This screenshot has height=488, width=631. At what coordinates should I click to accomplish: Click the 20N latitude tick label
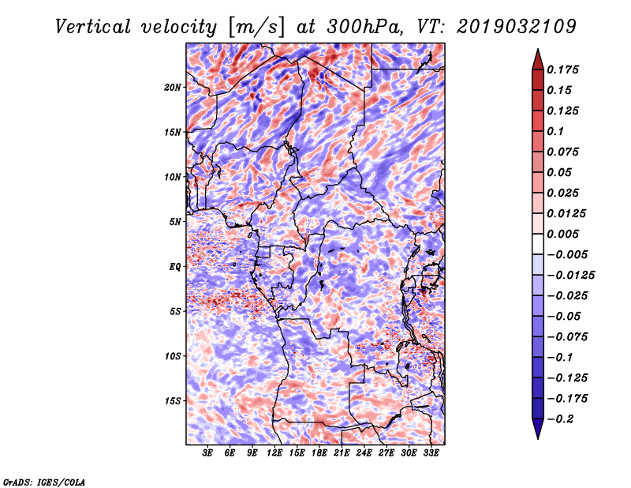[172, 88]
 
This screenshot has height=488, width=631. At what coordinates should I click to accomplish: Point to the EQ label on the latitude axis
[174, 267]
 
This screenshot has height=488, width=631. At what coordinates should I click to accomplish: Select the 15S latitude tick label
[172, 401]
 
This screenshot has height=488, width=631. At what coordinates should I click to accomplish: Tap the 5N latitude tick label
[175, 222]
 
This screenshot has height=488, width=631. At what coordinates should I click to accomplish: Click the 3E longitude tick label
[207, 453]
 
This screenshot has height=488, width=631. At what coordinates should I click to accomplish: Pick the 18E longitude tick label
[319, 453]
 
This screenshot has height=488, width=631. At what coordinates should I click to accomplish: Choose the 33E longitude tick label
[431, 453]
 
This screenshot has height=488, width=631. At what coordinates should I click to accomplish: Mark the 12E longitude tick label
[274, 453]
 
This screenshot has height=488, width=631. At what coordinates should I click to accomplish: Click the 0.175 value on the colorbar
[562, 69]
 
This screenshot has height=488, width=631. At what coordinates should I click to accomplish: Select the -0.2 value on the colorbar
[560, 419]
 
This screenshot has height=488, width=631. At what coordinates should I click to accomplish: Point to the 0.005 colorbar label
[562, 234]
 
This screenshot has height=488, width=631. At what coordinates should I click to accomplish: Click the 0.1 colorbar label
[555, 131]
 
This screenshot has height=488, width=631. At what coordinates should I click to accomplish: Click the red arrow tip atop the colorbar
[538, 49]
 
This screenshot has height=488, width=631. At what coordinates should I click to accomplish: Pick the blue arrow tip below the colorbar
[538, 438]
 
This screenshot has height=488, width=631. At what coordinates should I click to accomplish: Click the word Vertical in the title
[92, 27]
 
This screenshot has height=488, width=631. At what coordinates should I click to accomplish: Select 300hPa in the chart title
[364, 27]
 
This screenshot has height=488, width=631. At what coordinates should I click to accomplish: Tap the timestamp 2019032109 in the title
[517, 27]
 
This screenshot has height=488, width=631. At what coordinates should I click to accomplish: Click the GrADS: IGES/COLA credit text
[44, 482]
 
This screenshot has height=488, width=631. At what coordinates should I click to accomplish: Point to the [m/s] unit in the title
[256, 28]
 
